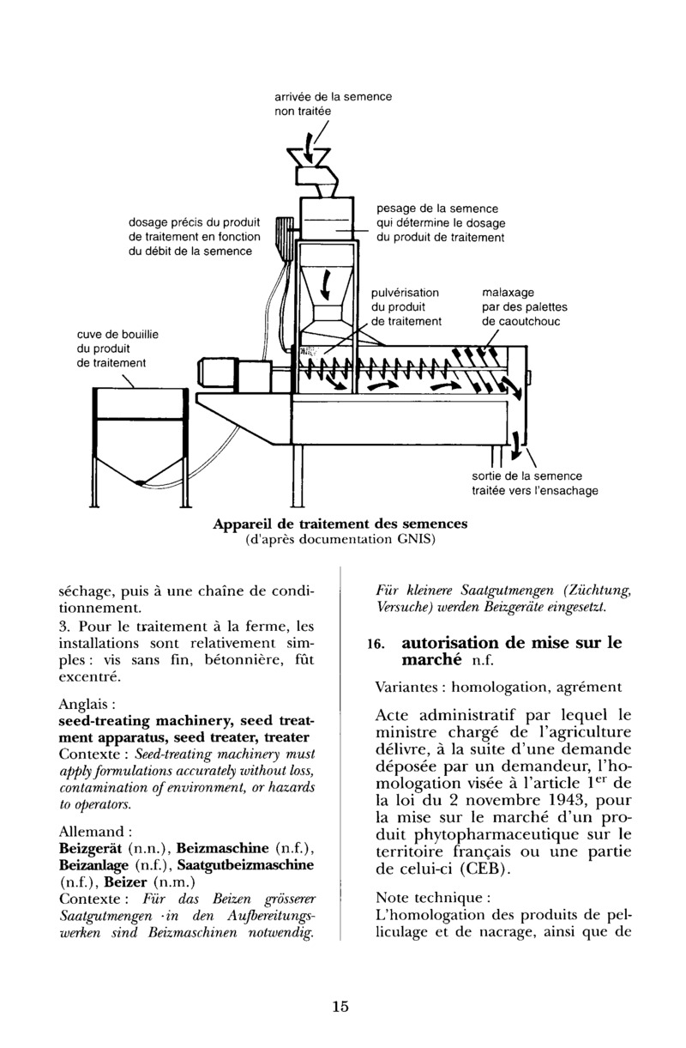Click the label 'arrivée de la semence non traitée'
point(333,104)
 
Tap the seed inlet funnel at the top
point(309,157)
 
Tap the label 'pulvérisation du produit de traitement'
point(406,307)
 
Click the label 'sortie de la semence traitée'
point(534,483)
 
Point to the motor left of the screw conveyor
point(218,375)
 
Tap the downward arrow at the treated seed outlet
point(516,445)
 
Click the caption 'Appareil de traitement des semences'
point(340,524)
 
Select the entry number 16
point(376,645)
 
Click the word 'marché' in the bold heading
point(431,660)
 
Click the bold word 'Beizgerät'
point(90,848)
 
